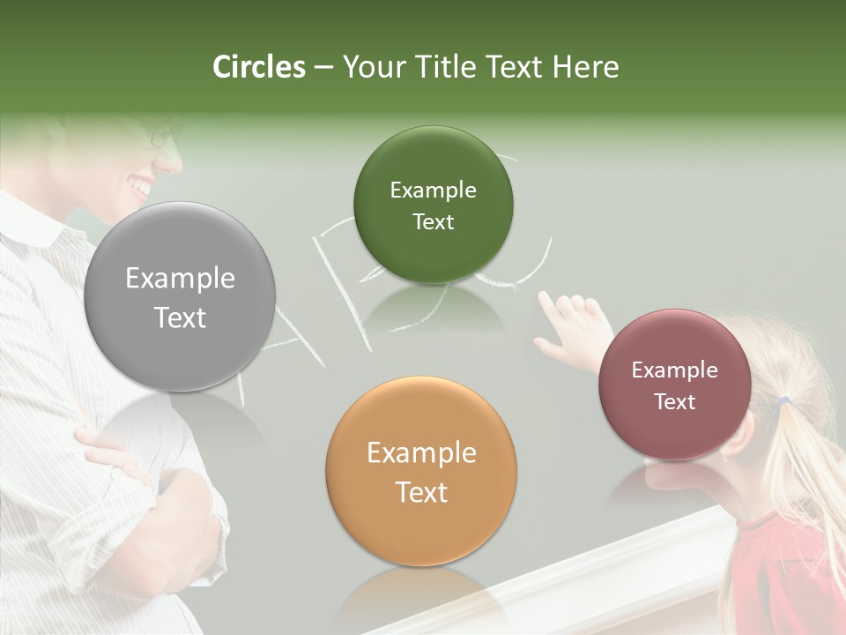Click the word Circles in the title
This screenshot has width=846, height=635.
coord(258,67)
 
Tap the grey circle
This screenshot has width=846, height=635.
coord(180,296)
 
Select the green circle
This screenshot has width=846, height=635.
coord(433,205)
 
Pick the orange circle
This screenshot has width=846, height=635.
coord(421,471)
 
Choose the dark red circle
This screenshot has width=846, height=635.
coord(675,385)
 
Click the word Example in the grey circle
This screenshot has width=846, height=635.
coord(180,279)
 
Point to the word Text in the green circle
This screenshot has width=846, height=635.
coord(433,222)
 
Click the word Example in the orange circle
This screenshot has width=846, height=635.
coord(421,453)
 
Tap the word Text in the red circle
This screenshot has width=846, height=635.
coord(675,402)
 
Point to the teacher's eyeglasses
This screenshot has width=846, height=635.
coord(164,137)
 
